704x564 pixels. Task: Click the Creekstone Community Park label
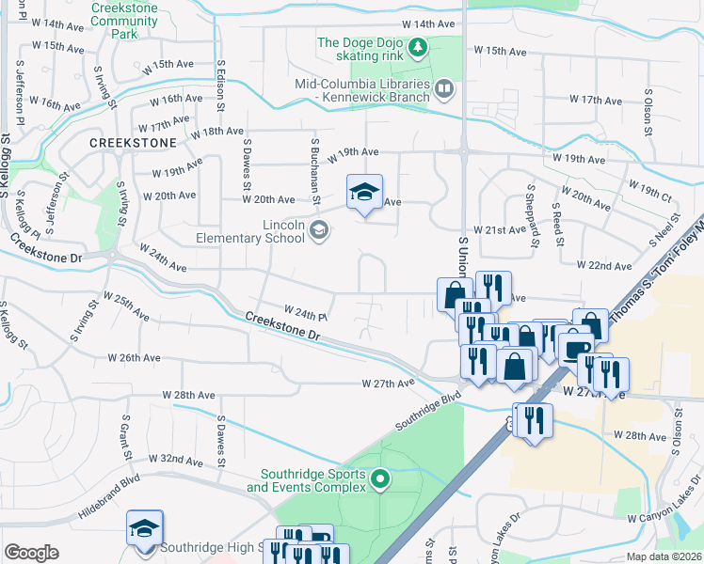point(125,20)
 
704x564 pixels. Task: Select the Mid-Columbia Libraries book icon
point(444,89)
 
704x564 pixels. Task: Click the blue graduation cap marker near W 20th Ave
point(365,195)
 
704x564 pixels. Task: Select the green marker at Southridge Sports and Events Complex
point(380,479)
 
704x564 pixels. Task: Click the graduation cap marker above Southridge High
point(145,529)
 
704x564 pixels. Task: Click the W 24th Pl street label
point(305,311)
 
